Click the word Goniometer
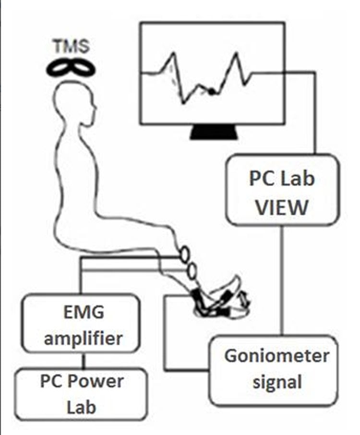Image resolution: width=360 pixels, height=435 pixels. (276, 357)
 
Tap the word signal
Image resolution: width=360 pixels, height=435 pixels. (276, 382)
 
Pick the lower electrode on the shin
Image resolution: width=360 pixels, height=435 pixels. (192, 271)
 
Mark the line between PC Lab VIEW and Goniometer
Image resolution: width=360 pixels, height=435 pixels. (282, 281)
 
